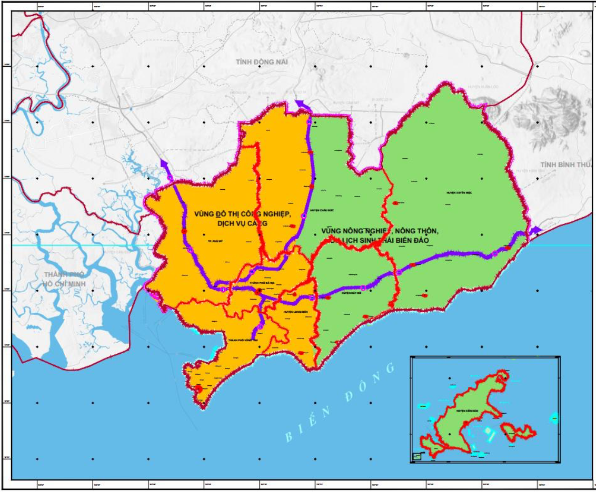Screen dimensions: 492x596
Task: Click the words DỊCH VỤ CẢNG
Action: pyautogui.click(x=242, y=223)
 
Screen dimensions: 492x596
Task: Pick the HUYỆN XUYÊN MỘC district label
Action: pyautogui.click(x=459, y=193)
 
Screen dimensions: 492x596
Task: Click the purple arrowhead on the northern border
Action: pyautogui.click(x=300, y=104)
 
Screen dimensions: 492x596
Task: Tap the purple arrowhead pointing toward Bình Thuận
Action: pyautogui.click(x=536, y=230)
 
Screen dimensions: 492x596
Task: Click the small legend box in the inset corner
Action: pyautogui.click(x=416, y=456)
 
